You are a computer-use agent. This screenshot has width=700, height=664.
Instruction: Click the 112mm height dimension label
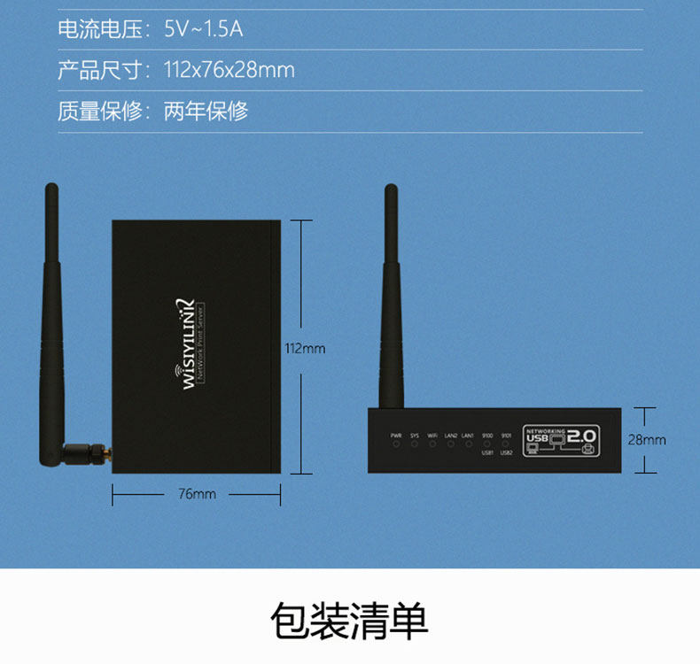tap(305, 348)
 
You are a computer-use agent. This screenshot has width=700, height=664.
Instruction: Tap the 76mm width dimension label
tap(197, 494)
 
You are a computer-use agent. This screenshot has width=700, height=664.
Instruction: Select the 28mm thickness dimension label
tap(647, 439)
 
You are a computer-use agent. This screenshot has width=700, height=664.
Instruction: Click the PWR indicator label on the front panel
tap(395, 435)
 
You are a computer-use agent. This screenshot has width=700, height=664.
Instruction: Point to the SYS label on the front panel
tap(414, 435)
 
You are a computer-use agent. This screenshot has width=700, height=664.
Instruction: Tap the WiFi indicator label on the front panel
tap(432, 435)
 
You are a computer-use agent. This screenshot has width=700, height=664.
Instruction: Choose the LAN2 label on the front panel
tap(451, 435)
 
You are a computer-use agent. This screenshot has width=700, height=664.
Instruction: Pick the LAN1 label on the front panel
tap(468, 435)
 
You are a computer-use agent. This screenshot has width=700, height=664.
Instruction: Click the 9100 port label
tap(487, 435)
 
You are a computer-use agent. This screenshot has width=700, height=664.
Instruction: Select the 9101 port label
tap(506, 435)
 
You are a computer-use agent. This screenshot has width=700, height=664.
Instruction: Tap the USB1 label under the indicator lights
tap(487, 452)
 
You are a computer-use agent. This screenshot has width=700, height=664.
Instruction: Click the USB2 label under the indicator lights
tap(506, 452)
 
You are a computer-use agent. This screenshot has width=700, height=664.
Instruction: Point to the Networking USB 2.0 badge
tap(561, 437)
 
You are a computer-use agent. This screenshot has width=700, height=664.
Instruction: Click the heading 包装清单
tap(349, 622)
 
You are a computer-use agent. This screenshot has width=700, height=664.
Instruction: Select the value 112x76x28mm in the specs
tap(229, 70)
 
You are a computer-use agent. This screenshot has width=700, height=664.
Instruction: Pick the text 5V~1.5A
tap(203, 29)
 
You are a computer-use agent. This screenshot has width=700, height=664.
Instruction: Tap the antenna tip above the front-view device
tap(389, 191)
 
